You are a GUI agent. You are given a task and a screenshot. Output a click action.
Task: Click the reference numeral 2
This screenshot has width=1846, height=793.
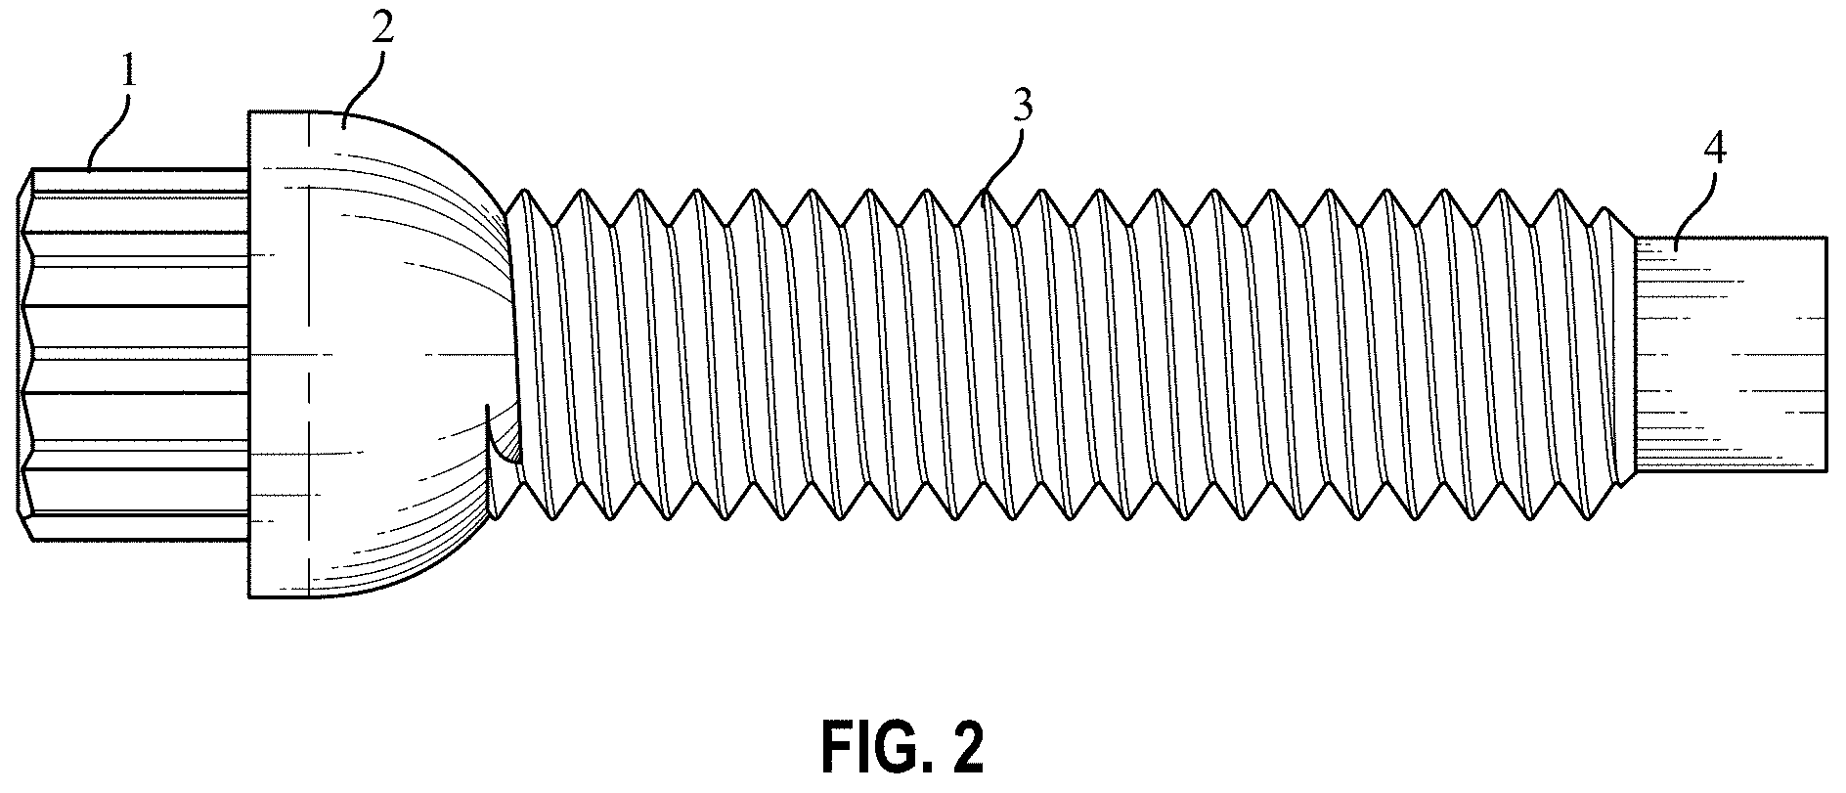point(383,24)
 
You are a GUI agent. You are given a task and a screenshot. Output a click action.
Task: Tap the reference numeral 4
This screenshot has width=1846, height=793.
point(1715,151)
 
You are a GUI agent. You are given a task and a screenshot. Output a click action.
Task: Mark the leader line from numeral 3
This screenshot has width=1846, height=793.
point(1002,159)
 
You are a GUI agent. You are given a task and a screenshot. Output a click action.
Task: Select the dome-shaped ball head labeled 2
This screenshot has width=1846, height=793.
point(381,353)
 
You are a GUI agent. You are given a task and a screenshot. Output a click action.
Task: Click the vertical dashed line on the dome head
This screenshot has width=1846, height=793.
point(309,353)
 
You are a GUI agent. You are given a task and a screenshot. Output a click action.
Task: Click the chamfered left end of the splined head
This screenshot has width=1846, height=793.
point(26,355)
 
